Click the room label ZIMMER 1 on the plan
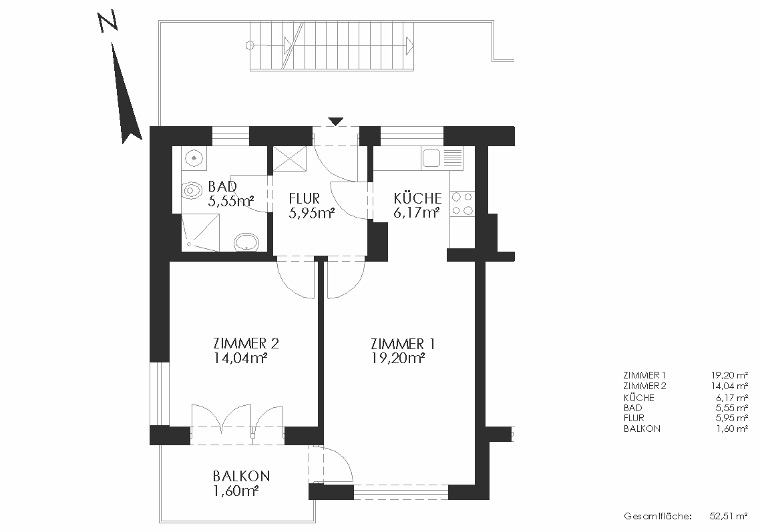(403, 344)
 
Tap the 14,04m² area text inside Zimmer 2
(240, 358)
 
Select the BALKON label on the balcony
(241, 476)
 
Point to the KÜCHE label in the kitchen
(418, 198)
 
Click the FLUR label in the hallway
(305, 199)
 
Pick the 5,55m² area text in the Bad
(231, 202)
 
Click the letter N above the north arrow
(108, 22)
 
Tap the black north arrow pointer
(126, 95)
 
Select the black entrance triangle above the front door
(335, 121)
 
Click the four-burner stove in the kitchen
(462, 204)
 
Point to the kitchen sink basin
(431, 158)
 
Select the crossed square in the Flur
(290, 158)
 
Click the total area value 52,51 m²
(729, 517)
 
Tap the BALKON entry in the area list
(642, 429)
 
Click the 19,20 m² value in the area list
(729, 375)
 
